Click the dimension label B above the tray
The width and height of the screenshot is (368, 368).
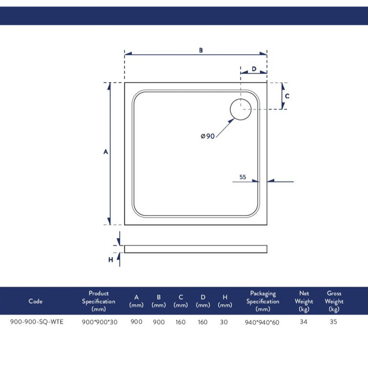201,50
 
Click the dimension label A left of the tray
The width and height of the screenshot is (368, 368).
105,152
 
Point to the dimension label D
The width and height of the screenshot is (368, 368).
253,69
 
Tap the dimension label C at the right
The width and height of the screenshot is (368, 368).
287,96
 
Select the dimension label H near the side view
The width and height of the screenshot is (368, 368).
111,260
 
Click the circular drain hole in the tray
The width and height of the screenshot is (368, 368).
241,109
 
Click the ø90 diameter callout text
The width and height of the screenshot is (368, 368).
208,136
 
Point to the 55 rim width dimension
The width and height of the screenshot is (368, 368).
243,177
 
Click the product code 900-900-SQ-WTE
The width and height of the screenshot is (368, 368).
36,322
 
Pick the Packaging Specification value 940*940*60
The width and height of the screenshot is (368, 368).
263,322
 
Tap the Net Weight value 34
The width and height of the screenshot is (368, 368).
303,322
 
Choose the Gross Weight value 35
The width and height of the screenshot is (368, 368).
333,322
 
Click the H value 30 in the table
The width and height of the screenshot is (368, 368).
224,322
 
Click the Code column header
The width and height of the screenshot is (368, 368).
35,301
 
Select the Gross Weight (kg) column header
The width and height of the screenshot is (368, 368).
334,301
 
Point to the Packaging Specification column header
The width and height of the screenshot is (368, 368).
263,301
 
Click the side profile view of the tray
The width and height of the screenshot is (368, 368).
195,249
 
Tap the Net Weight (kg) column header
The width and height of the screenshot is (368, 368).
304,301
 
